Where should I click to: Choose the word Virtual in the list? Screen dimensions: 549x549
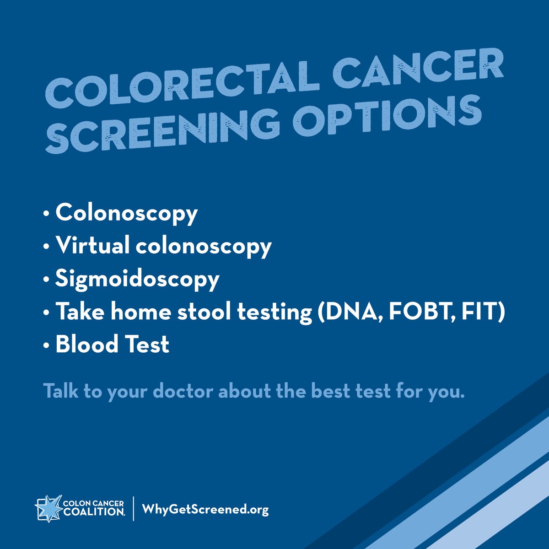tap(92, 246)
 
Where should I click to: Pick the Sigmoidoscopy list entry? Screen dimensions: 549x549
tap(137, 279)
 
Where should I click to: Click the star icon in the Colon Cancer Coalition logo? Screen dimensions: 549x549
tap(47, 507)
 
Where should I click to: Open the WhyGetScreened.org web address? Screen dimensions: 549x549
tap(205, 509)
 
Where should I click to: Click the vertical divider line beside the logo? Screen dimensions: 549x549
tap(134, 508)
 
